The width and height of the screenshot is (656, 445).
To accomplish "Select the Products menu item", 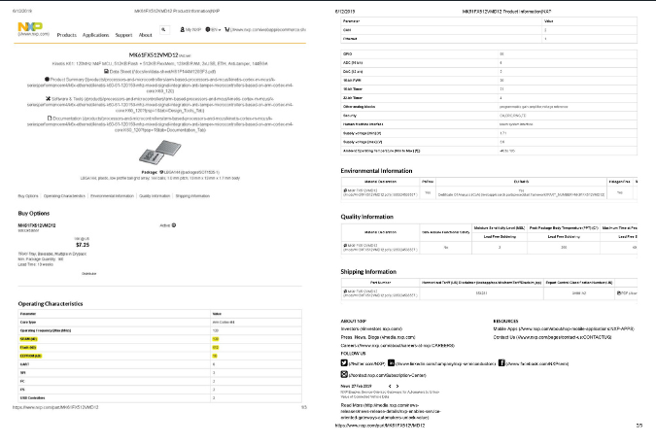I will (67, 34).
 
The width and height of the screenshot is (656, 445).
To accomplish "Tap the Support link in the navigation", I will (123, 34).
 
